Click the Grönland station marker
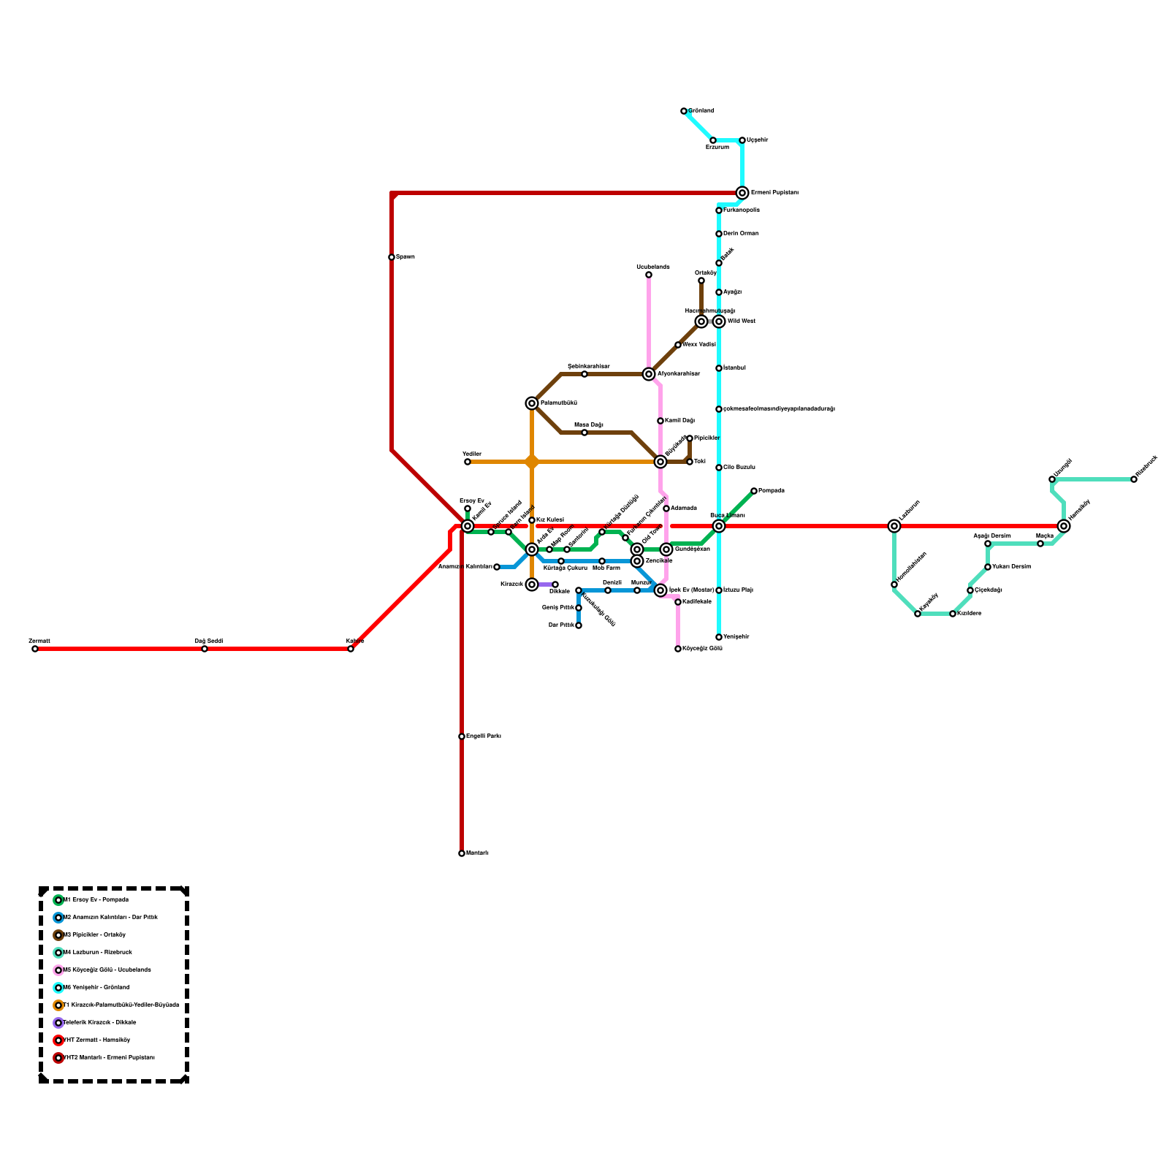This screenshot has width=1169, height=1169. coord(684,111)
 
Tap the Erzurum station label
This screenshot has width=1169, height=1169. coord(717,148)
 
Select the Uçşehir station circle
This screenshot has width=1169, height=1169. coord(742,140)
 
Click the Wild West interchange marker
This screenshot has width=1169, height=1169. coord(719,321)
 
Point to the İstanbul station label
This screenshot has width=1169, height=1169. coord(734,368)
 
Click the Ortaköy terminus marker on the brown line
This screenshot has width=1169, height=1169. coord(701,281)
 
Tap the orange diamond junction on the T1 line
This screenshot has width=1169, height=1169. coord(532,462)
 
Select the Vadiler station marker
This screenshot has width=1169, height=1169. coord(468,462)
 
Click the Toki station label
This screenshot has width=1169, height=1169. coord(699,462)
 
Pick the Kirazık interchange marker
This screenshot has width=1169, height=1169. coord(532,584)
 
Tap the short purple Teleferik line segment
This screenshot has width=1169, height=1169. coord(545,584)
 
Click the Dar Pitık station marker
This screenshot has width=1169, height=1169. coord(579,625)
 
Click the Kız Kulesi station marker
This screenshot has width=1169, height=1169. coord(532,520)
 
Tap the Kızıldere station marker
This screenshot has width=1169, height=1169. coord(953,614)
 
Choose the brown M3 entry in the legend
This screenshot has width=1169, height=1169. coord(94,935)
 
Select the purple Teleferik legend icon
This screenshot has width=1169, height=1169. coord(58,1023)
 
